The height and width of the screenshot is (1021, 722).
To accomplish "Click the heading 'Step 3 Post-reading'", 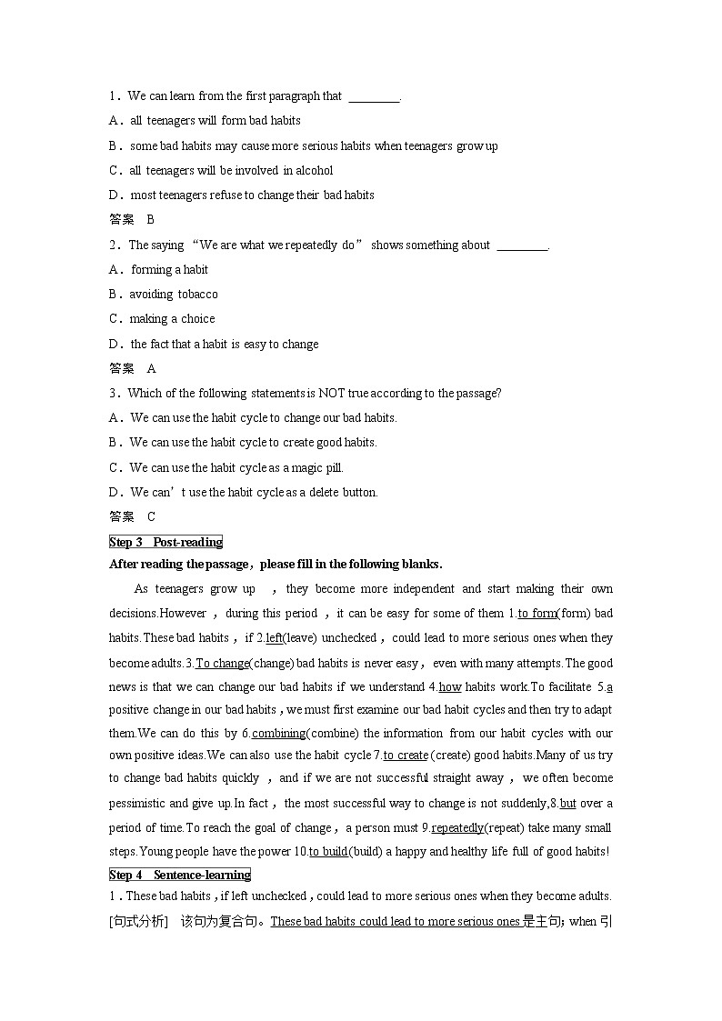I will click(x=165, y=542).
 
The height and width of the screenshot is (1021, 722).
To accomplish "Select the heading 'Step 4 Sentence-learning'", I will click(x=180, y=875).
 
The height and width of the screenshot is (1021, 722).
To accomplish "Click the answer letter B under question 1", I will click(x=151, y=219).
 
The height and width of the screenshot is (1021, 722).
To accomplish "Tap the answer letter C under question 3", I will click(x=151, y=516).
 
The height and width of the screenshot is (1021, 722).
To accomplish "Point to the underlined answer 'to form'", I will click(x=537, y=613).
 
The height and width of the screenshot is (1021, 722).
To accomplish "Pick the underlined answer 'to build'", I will click(x=328, y=851).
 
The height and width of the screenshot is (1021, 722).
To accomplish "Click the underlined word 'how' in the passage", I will click(x=450, y=686).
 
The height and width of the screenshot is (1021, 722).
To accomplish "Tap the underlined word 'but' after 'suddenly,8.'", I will click(x=567, y=803).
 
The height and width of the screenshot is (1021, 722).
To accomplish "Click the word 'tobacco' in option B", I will click(x=198, y=294).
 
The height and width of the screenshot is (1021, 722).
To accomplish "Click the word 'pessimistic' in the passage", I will click(x=140, y=803).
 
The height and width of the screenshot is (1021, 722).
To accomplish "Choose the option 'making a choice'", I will click(x=172, y=318).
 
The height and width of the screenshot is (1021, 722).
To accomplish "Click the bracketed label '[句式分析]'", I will click(x=139, y=921).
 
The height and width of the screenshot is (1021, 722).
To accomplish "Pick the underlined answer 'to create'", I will click(x=406, y=755).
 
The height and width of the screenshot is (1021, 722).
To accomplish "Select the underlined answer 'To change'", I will click(x=222, y=663).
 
